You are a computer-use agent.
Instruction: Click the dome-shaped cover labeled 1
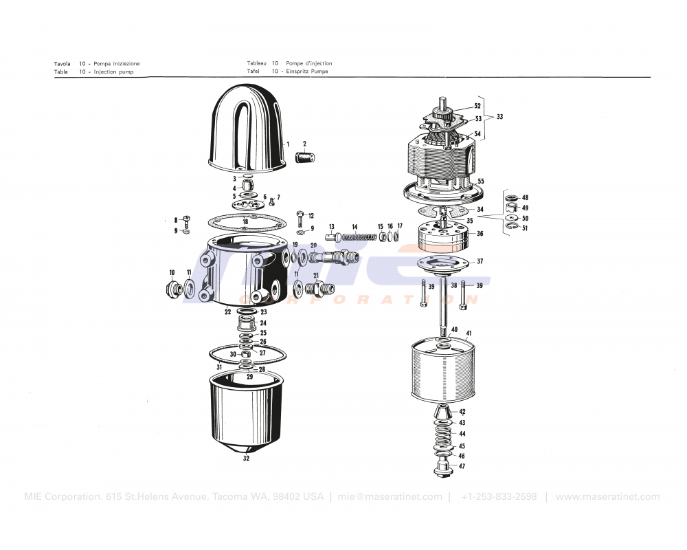(x=247, y=131)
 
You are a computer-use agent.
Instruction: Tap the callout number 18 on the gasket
(x=245, y=221)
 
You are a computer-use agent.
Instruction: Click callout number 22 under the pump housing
(x=227, y=311)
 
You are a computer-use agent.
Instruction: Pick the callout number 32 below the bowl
(x=246, y=459)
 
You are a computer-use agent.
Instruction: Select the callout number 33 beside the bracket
(x=499, y=117)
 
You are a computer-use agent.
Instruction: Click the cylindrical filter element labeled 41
(x=440, y=371)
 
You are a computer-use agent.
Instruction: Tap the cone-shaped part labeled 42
(x=443, y=413)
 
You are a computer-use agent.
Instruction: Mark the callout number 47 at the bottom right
(x=462, y=466)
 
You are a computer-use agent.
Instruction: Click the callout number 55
(x=481, y=181)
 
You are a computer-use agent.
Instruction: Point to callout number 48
(x=525, y=197)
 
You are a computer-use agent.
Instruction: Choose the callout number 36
(x=480, y=234)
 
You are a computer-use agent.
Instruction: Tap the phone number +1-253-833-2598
(x=498, y=497)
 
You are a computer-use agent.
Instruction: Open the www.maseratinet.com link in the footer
(x=607, y=497)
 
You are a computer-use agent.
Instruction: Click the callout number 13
(x=331, y=226)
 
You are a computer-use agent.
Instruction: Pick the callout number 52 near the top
(x=477, y=107)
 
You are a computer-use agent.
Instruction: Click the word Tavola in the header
(x=62, y=63)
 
